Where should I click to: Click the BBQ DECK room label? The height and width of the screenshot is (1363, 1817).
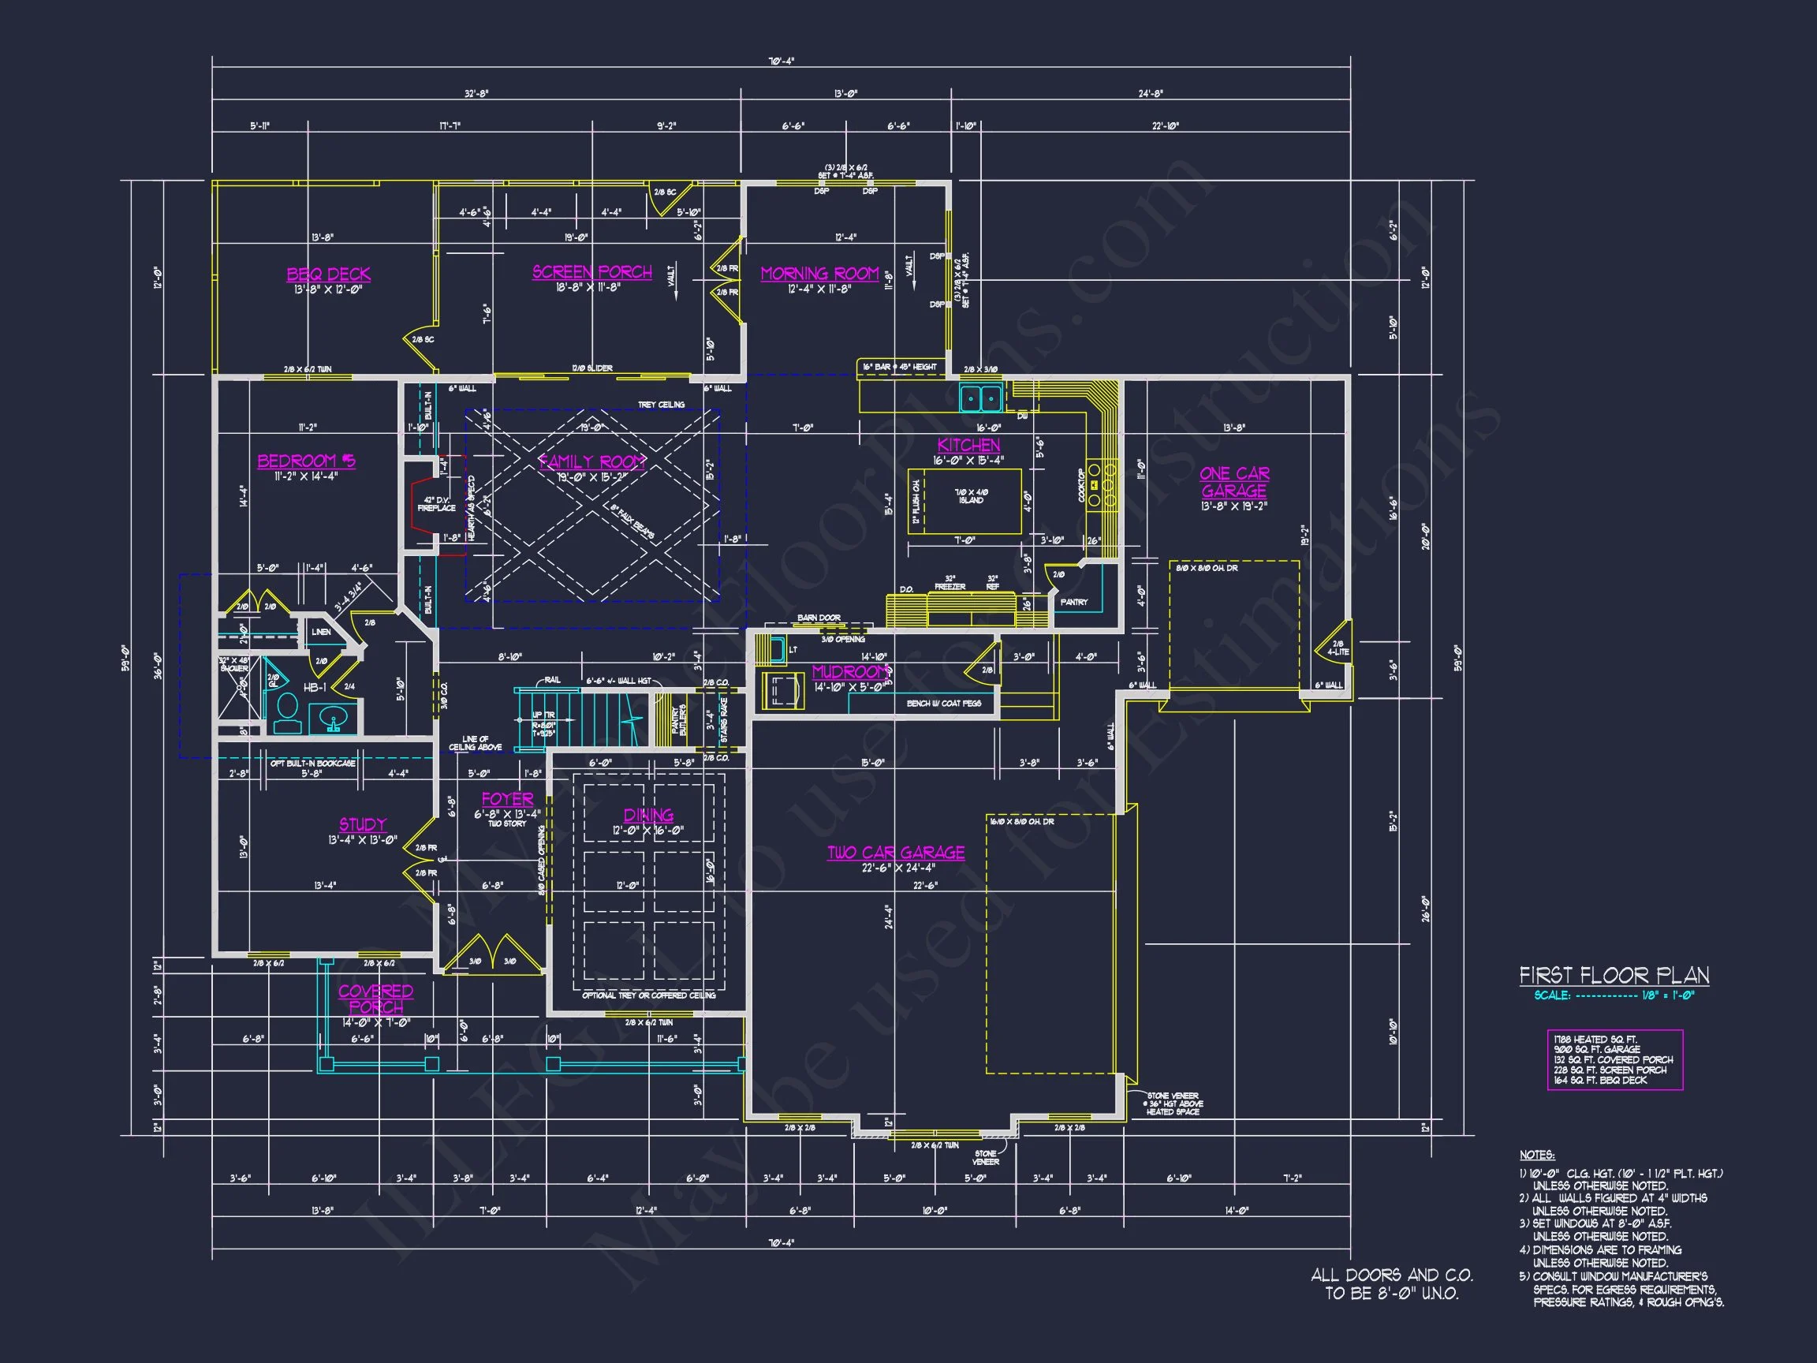tap(329, 274)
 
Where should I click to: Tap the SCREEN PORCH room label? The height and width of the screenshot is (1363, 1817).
tap(592, 272)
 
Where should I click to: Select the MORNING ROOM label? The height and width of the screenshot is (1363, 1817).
tap(820, 274)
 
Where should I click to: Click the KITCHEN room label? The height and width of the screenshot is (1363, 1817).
tap(968, 446)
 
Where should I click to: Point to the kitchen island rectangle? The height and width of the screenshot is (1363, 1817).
tap(965, 501)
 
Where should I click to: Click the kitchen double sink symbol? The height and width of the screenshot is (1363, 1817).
tap(981, 399)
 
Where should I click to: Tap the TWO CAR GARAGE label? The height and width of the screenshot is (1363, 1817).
tap(895, 853)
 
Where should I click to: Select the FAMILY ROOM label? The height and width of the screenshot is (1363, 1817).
tap(591, 461)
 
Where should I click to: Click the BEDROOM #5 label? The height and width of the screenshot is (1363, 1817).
tap(307, 461)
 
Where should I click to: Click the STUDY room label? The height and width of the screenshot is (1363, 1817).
tap(362, 825)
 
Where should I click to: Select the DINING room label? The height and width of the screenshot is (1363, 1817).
tap(648, 815)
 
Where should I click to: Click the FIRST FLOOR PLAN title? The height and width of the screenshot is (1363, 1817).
tap(1614, 976)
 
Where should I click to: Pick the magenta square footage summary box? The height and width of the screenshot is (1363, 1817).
tap(1614, 1060)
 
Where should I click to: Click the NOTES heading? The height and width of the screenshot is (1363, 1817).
tap(1536, 1155)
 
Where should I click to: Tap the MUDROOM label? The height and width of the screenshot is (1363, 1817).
tap(850, 672)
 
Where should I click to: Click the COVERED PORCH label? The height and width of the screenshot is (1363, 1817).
tap(375, 999)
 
